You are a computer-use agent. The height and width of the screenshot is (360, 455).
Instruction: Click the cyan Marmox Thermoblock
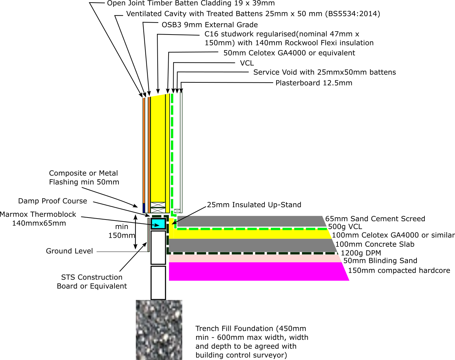pos(158,224)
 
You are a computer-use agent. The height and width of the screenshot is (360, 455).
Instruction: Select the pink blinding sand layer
pos(255,258)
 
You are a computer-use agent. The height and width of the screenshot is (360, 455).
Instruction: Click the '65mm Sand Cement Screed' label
pos(375,219)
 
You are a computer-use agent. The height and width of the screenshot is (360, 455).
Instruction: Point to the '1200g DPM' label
pos(361,253)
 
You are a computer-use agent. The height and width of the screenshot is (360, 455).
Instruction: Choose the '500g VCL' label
pos(345,227)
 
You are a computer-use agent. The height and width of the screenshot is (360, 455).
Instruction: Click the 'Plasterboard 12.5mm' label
pos(314,83)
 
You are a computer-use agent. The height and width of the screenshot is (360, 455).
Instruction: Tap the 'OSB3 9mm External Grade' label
pos(210,25)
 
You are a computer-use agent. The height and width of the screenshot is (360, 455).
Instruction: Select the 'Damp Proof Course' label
pos(52,201)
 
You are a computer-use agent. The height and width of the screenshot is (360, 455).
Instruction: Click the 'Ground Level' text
pos(69,251)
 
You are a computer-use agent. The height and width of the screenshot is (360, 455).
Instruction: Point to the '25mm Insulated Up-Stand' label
pos(254,205)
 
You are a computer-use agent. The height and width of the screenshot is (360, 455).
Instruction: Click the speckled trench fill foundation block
pos(159,330)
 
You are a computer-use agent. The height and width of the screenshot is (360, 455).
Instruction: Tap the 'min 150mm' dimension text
pos(121,231)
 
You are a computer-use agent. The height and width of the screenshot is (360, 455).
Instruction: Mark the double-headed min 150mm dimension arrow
pos(135,232)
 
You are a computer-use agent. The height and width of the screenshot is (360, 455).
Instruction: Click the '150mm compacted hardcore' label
pos(399,270)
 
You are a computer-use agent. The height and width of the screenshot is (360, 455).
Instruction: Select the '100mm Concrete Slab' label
pos(375,244)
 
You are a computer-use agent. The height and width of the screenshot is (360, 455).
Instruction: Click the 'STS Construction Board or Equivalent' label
pos(92,282)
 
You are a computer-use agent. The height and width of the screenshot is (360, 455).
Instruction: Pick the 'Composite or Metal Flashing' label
pos(84,178)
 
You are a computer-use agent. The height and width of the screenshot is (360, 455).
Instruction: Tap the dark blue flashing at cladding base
pos(144,208)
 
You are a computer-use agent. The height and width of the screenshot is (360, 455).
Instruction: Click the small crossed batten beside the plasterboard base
pos(177,211)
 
